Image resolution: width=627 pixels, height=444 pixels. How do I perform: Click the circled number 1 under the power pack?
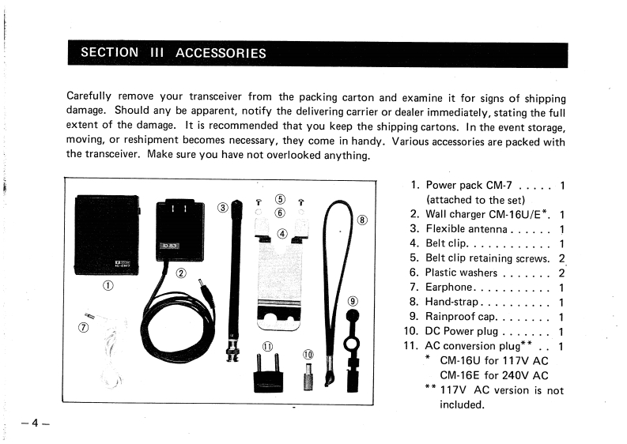[x=105, y=286]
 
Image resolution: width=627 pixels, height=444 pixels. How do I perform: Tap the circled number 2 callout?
[x=180, y=274]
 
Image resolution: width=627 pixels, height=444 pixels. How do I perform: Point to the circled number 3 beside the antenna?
[x=222, y=208]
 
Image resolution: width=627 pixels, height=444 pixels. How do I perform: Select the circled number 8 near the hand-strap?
[x=362, y=220]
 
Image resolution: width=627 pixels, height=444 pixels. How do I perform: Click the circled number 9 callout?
[x=352, y=302]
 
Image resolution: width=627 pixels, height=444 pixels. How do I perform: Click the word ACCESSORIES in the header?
[x=221, y=54]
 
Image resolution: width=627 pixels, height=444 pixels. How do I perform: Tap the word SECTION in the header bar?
[x=109, y=54]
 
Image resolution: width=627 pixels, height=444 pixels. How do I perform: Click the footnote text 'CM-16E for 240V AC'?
[x=493, y=375]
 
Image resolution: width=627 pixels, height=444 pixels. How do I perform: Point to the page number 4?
[x=36, y=423]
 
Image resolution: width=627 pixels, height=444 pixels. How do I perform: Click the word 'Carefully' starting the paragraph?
[x=93, y=99]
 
